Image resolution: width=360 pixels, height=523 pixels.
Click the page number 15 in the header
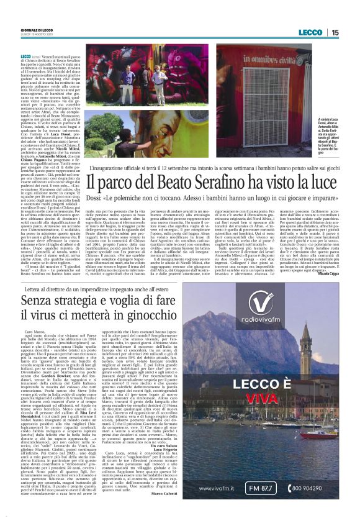point(335,32)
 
